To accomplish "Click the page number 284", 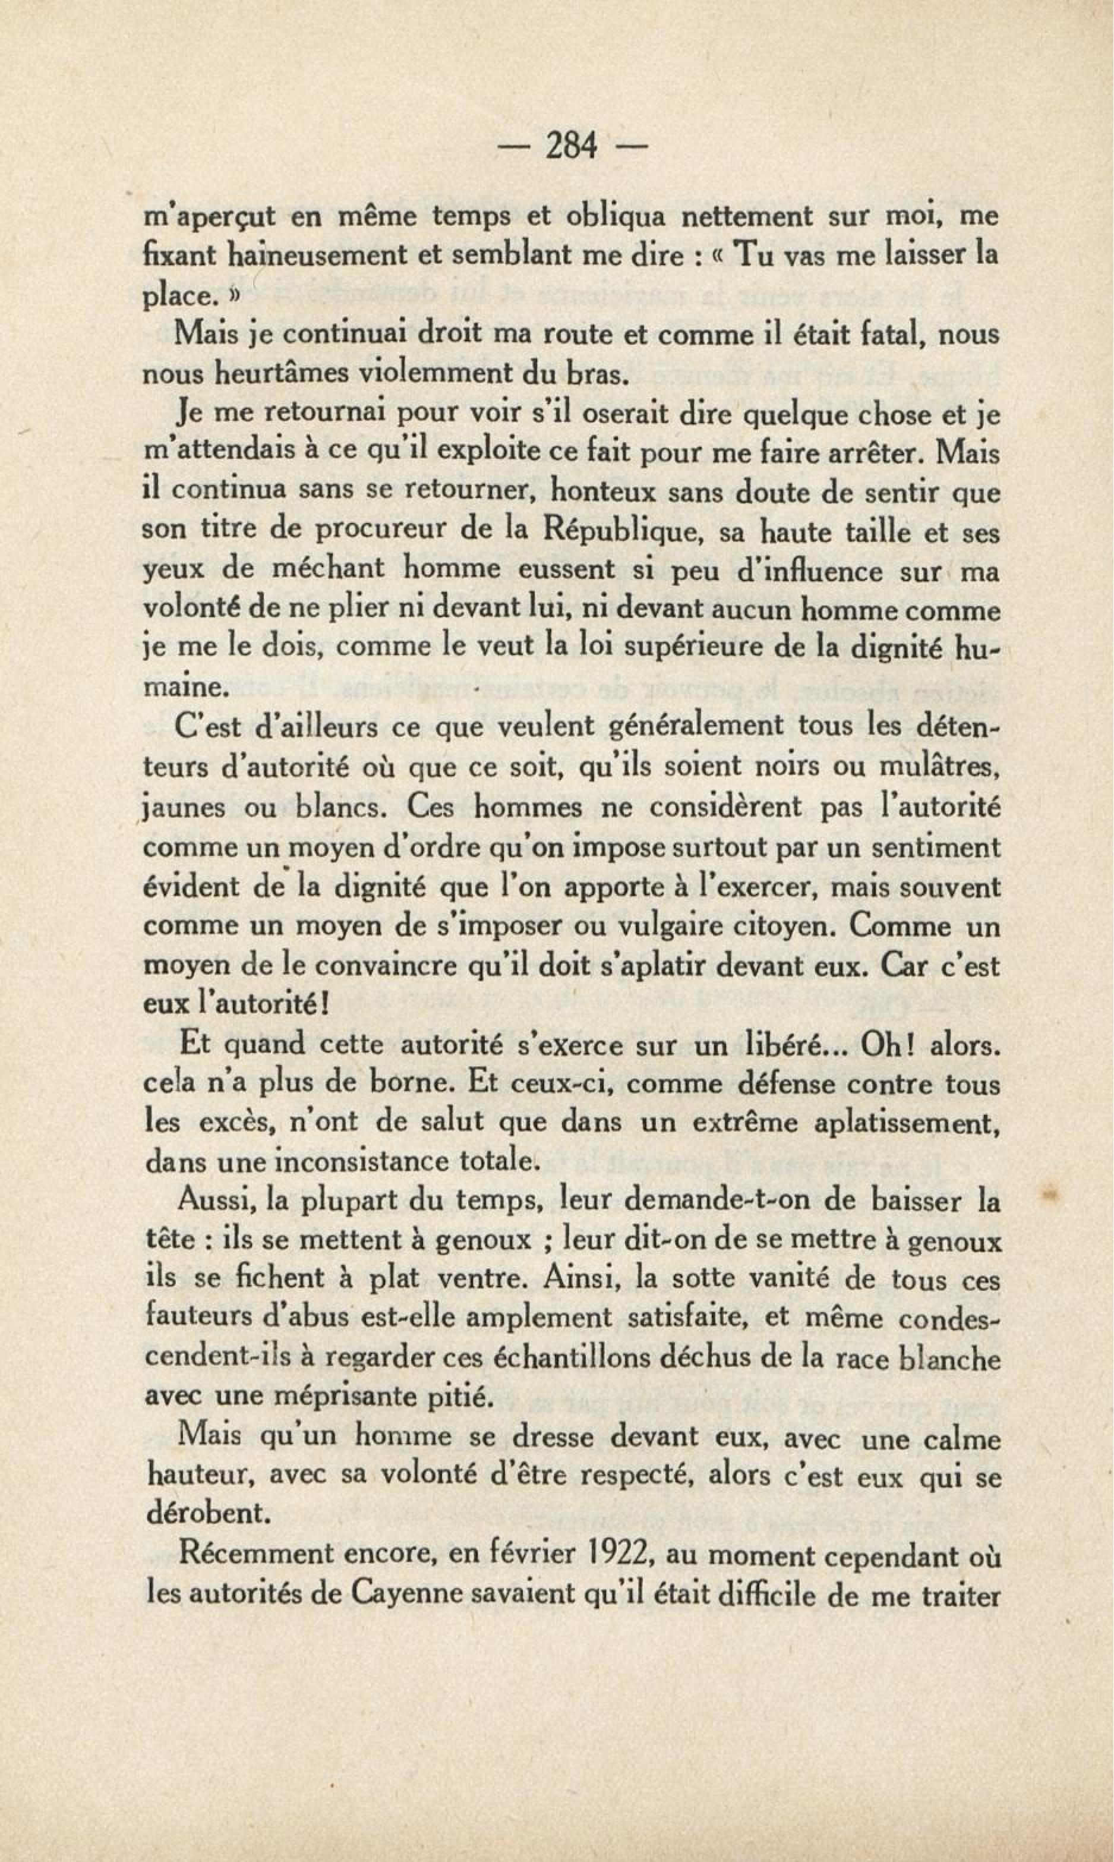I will pos(572,146).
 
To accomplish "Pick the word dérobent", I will pos(208,1514).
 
